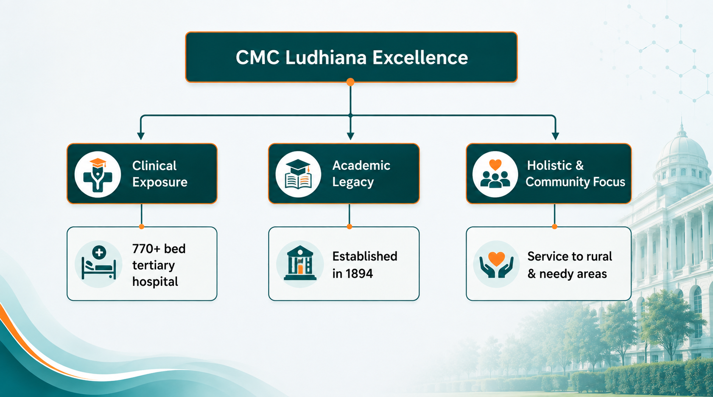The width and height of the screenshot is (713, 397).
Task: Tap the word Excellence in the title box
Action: [420, 58]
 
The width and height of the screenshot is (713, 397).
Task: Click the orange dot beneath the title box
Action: [350, 82]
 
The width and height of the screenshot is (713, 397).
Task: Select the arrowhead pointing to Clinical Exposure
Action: [141, 136]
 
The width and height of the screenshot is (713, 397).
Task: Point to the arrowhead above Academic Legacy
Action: [350, 136]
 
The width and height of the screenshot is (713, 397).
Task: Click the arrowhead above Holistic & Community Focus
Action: [556, 136]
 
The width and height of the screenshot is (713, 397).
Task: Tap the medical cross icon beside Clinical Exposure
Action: [98, 174]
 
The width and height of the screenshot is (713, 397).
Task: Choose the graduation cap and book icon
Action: [298, 174]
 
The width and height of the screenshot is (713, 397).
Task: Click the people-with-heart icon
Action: [495, 174]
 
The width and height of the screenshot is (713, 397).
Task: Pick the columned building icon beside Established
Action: [300, 264]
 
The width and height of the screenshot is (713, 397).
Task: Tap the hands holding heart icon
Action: [497, 264]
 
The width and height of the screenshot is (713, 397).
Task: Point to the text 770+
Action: [146, 249]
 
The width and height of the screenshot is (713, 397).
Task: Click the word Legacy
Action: [353, 182]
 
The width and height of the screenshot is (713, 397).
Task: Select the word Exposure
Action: [160, 182]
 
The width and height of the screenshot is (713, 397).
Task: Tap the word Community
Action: [554, 182]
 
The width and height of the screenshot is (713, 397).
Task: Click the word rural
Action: [598, 256]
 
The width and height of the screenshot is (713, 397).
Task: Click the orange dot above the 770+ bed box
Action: [142, 227]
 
